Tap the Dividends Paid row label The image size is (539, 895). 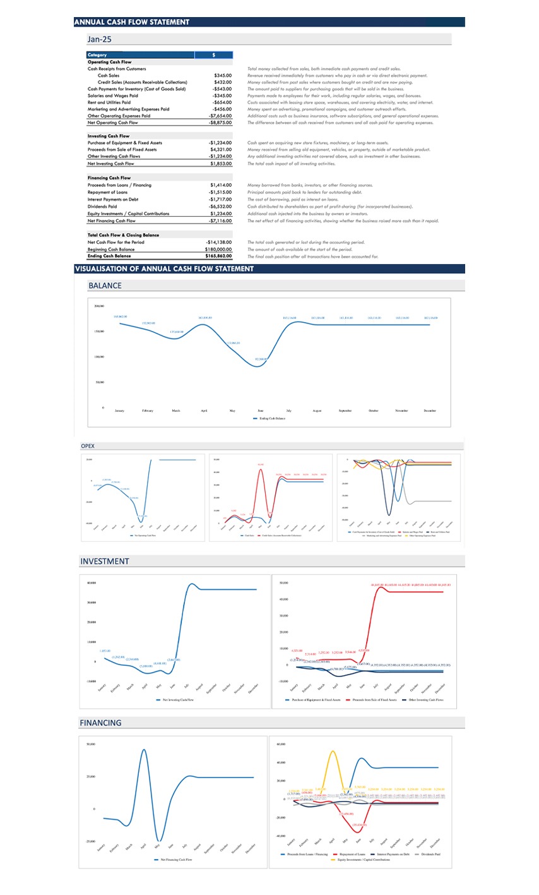[102, 207]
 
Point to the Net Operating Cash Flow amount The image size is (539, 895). [220, 123]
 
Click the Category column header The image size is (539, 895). [97, 55]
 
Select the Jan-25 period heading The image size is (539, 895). [100, 39]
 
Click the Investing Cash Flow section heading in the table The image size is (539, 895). [109, 136]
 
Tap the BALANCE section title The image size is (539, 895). [105, 285]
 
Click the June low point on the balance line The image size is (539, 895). [261, 364]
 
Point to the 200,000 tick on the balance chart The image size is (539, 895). [98, 306]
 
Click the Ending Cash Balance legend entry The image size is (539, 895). [269, 418]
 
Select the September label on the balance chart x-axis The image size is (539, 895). [345, 411]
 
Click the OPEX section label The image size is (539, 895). [88, 446]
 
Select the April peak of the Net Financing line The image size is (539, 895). [144, 750]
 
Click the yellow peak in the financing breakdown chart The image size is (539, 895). [332, 751]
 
